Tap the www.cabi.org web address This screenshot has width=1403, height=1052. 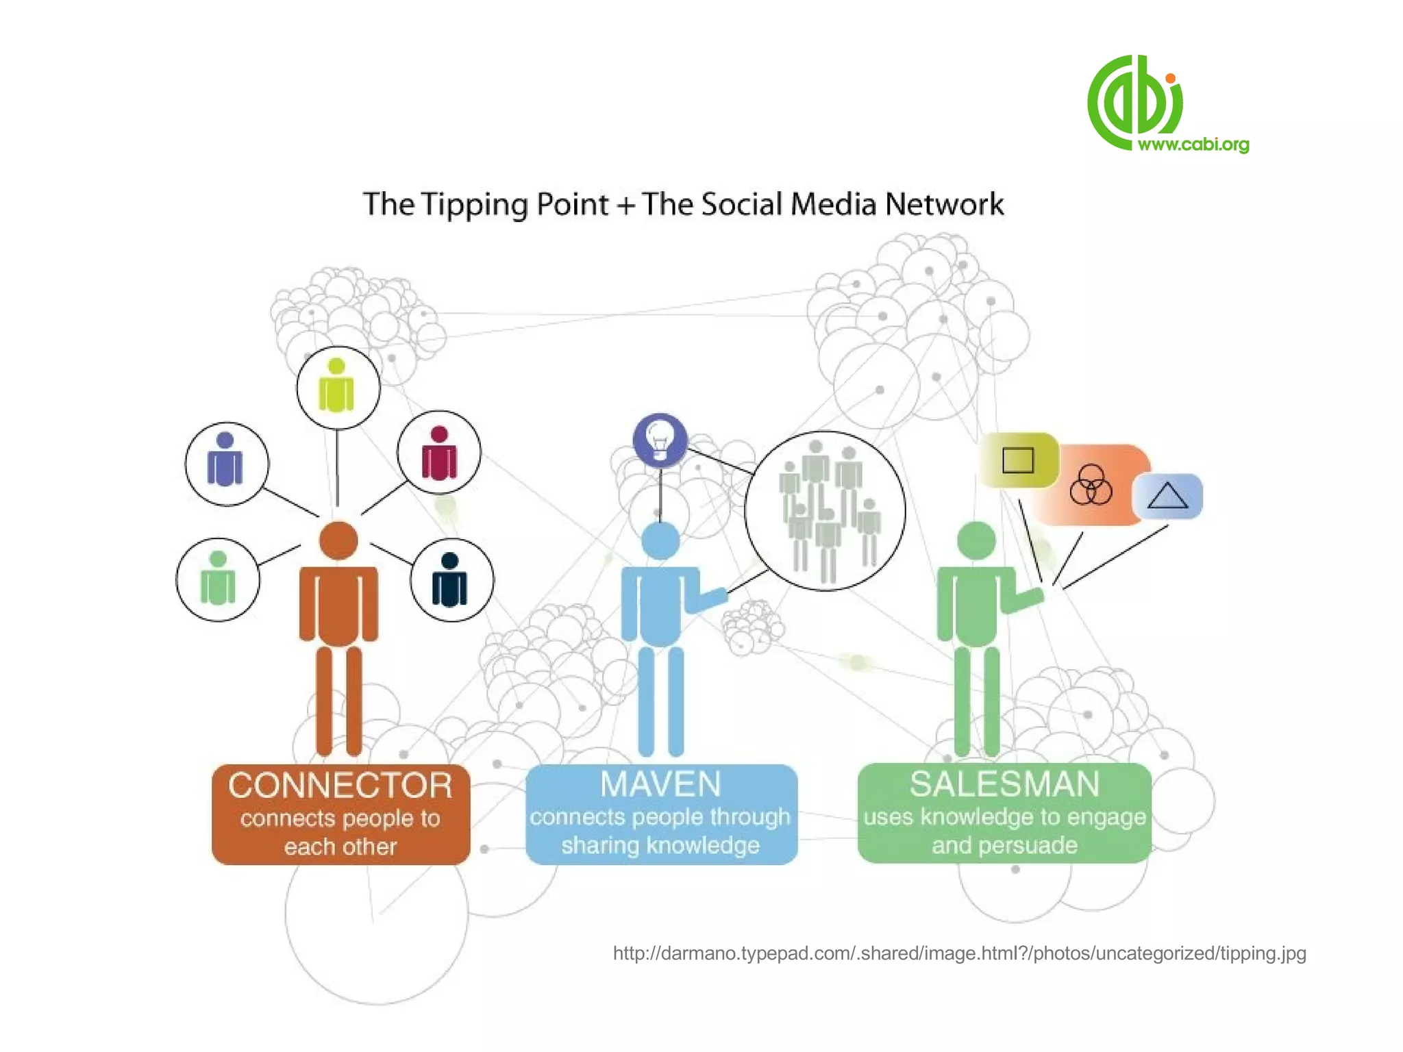1193,145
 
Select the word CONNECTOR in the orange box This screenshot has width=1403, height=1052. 340,786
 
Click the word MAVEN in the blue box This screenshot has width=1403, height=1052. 660,784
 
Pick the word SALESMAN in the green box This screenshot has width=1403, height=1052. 1004,784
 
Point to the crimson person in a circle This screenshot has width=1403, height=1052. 439,453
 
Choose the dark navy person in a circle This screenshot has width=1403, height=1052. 450,581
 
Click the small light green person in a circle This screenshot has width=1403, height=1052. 218,579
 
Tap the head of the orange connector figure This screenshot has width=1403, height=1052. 338,540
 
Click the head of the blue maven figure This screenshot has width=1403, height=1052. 660,540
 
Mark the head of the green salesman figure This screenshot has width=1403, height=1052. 976,540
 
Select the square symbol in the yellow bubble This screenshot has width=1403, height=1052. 1018,460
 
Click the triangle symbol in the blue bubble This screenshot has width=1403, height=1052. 1167,496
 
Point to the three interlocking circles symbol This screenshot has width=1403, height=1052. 1091,484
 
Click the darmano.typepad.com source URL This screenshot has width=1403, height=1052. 959,953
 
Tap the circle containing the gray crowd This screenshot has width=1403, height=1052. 825,511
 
